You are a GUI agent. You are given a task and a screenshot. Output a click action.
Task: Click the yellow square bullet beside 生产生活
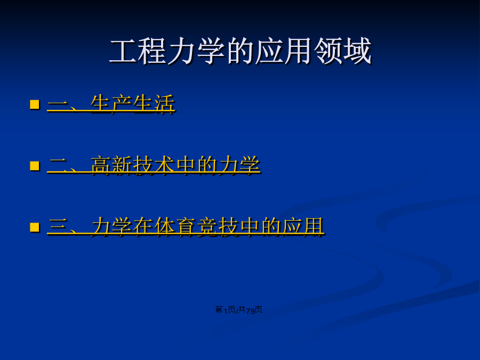click(35, 105)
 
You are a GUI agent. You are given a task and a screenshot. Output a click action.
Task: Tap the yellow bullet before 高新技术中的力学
click(35, 166)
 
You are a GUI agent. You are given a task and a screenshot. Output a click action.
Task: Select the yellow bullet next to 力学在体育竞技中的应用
click(35, 227)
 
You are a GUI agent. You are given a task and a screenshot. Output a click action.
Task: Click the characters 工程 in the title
click(138, 51)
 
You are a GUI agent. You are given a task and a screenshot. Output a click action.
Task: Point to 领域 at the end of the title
click(343, 51)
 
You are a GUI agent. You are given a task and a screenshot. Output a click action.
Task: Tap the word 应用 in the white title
click(285, 51)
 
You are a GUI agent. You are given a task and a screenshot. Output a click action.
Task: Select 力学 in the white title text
click(196, 51)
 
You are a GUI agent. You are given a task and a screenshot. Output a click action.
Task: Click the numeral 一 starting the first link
click(58, 105)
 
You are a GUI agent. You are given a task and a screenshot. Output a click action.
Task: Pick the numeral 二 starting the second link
click(58, 166)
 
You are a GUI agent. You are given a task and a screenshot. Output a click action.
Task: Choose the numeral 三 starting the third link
click(58, 227)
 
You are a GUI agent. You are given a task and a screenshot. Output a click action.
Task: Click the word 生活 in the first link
click(154, 104)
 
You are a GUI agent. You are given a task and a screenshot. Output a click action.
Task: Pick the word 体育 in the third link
click(175, 227)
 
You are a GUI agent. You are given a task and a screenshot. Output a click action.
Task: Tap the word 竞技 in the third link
click(218, 227)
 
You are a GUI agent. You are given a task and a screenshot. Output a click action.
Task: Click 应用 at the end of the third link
click(303, 227)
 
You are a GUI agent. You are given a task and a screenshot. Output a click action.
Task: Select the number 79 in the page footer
click(251, 311)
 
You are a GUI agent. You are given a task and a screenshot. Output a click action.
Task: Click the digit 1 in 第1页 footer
click(226, 311)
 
